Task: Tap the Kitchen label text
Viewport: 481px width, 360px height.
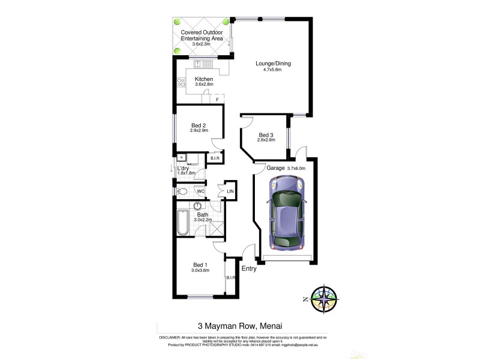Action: [x=204, y=79]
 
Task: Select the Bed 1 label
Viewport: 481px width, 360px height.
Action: [x=200, y=265]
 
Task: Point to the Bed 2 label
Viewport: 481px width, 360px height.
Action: [x=198, y=125]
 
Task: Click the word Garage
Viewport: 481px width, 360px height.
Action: [x=275, y=169]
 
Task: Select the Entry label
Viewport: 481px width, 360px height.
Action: [x=248, y=269]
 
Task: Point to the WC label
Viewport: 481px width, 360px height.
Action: [x=200, y=192]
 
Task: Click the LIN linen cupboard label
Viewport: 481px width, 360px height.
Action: [x=230, y=192]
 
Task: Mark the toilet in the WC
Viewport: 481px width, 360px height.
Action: [x=183, y=192]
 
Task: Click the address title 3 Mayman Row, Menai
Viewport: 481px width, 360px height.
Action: [x=240, y=327]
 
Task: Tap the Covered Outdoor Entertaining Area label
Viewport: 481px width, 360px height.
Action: [x=202, y=35]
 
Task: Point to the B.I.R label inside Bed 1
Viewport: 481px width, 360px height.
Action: [x=230, y=278]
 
